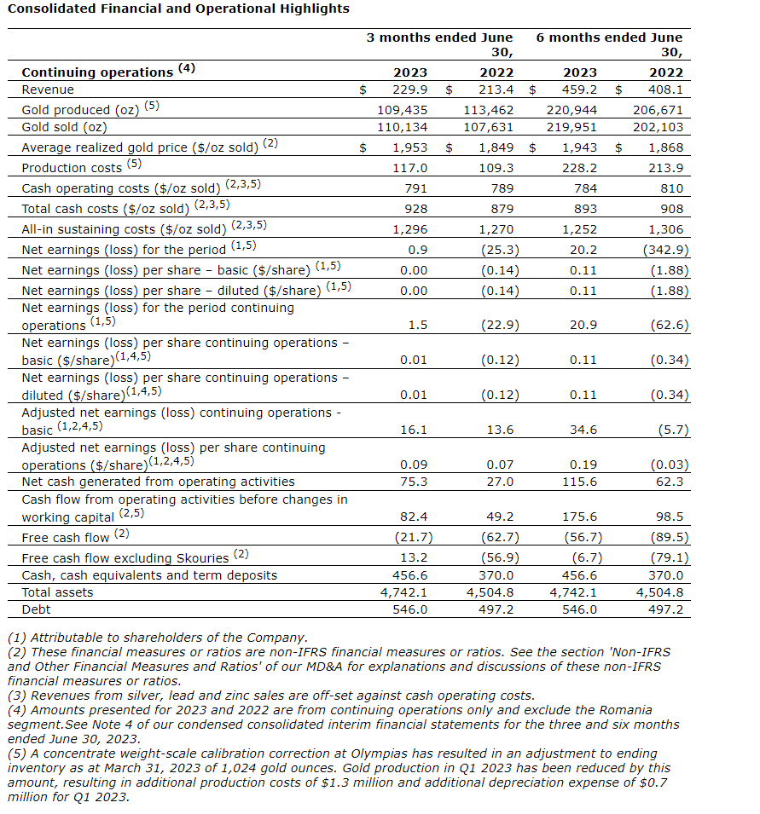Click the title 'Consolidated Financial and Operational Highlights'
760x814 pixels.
coord(178,9)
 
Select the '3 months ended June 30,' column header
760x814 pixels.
coord(440,44)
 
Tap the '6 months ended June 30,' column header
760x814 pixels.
coord(609,44)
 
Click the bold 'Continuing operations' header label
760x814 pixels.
coord(97,72)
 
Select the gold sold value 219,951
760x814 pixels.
coord(572,127)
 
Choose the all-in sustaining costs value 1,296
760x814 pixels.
coord(409,229)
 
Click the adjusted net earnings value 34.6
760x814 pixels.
coord(583,430)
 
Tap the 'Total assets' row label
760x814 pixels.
coord(57,592)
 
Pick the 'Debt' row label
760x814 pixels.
coord(37,609)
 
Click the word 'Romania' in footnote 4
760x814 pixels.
coord(625,710)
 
